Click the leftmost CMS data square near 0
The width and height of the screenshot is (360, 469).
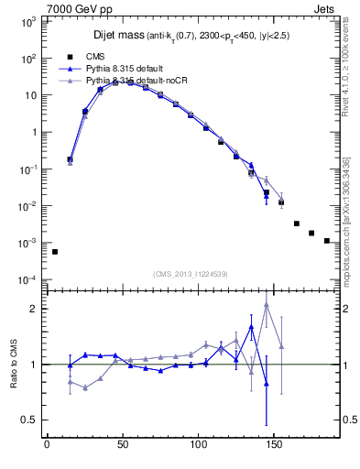(55, 252)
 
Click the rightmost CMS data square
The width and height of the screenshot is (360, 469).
(327, 241)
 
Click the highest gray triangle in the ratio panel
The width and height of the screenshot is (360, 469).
(266, 305)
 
